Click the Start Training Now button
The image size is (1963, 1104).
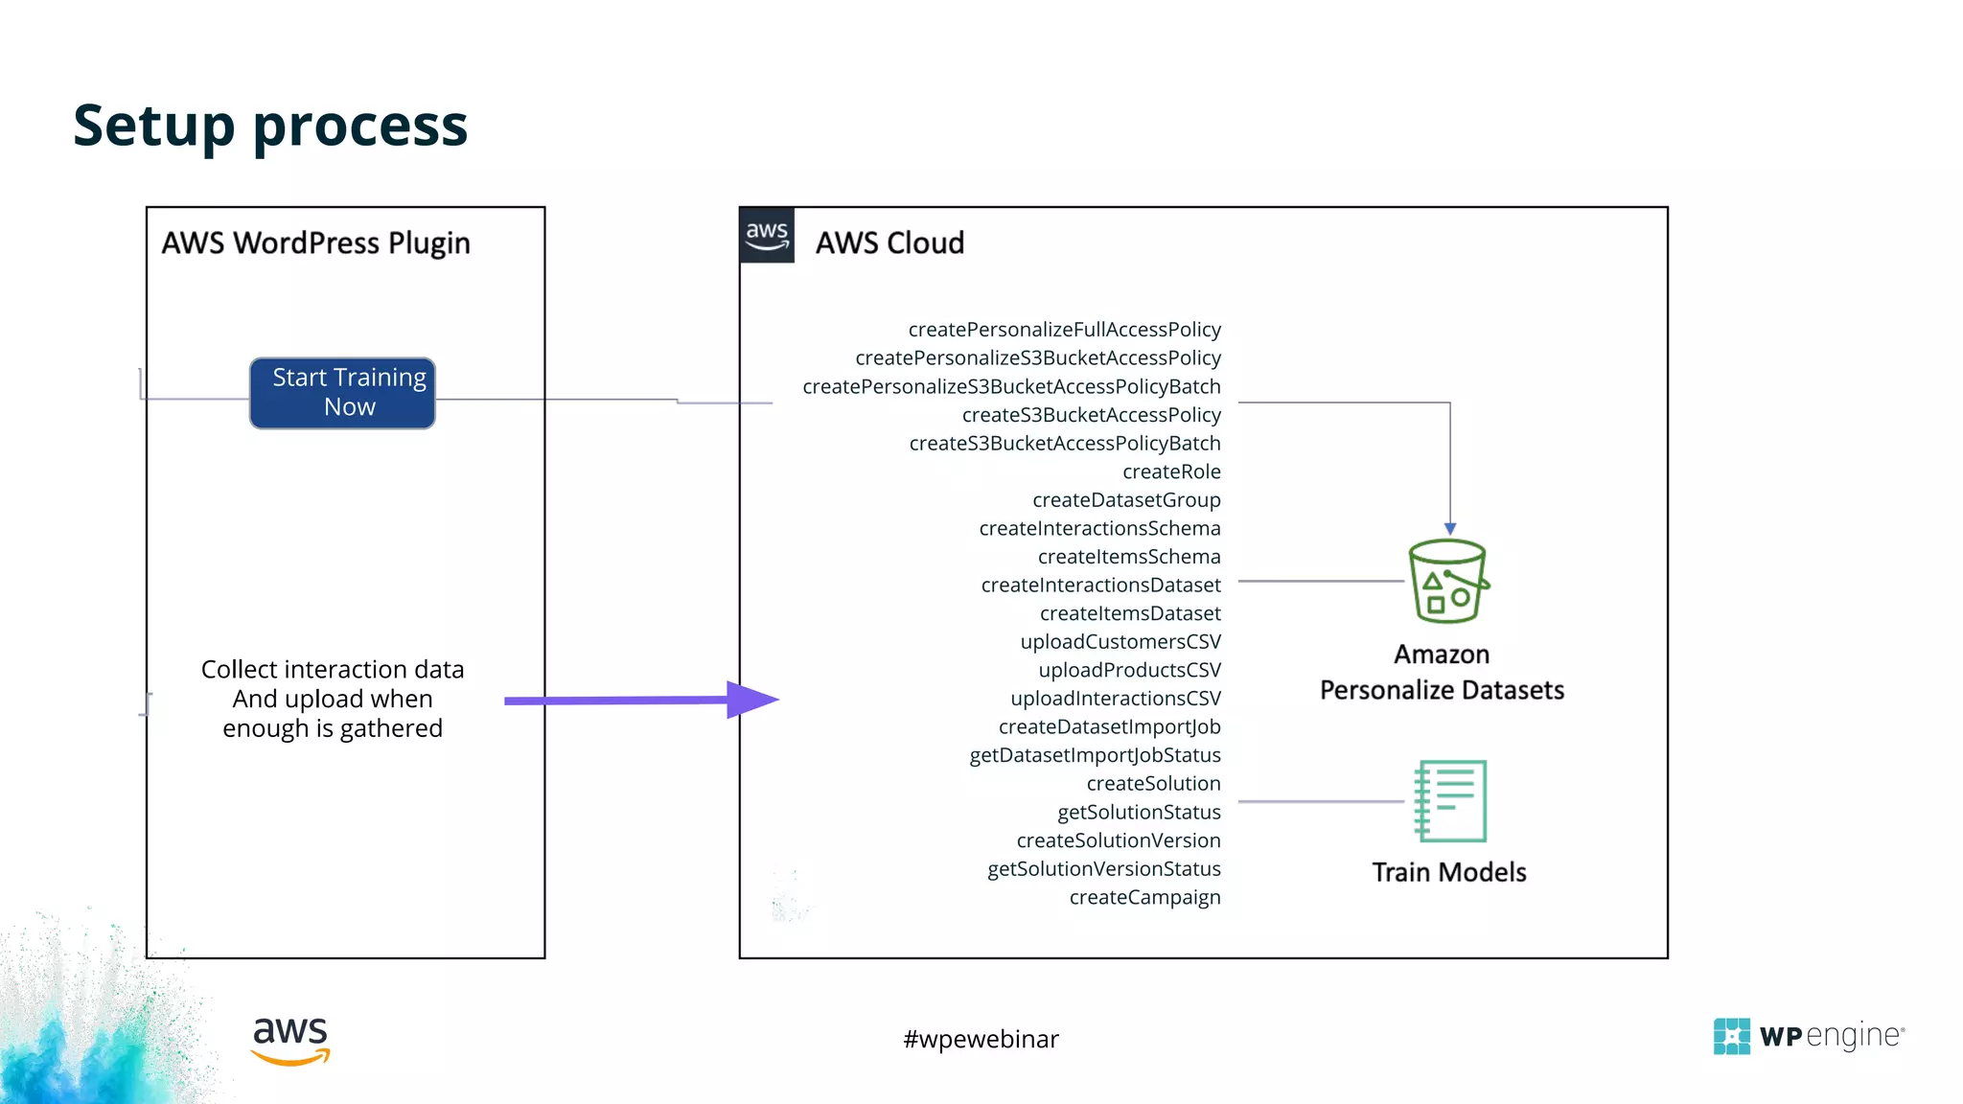click(x=342, y=393)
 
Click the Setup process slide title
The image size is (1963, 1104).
click(x=270, y=126)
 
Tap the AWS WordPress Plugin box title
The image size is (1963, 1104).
click(x=315, y=243)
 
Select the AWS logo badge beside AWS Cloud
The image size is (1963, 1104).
click(x=767, y=236)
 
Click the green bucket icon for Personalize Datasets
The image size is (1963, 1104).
click(x=1447, y=582)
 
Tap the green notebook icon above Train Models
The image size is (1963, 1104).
click(x=1450, y=801)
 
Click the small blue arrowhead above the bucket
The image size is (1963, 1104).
click(x=1450, y=529)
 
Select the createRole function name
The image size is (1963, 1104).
click(x=1171, y=471)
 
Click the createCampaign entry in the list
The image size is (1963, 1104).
click(x=1144, y=897)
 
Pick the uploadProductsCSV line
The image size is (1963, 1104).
click(x=1129, y=670)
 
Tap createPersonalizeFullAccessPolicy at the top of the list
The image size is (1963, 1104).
click(x=1064, y=330)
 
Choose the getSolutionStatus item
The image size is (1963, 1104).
click(x=1139, y=812)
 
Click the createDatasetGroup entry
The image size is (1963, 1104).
click(x=1126, y=500)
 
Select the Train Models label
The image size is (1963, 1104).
click(x=1448, y=872)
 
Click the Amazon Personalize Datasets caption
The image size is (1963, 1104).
click(x=1442, y=672)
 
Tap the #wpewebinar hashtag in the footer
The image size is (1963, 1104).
click(x=981, y=1039)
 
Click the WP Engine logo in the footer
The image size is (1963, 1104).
click(x=1809, y=1036)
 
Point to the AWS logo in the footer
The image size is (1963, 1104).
click(x=290, y=1040)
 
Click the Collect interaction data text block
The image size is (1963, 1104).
click(x=333, y=699)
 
